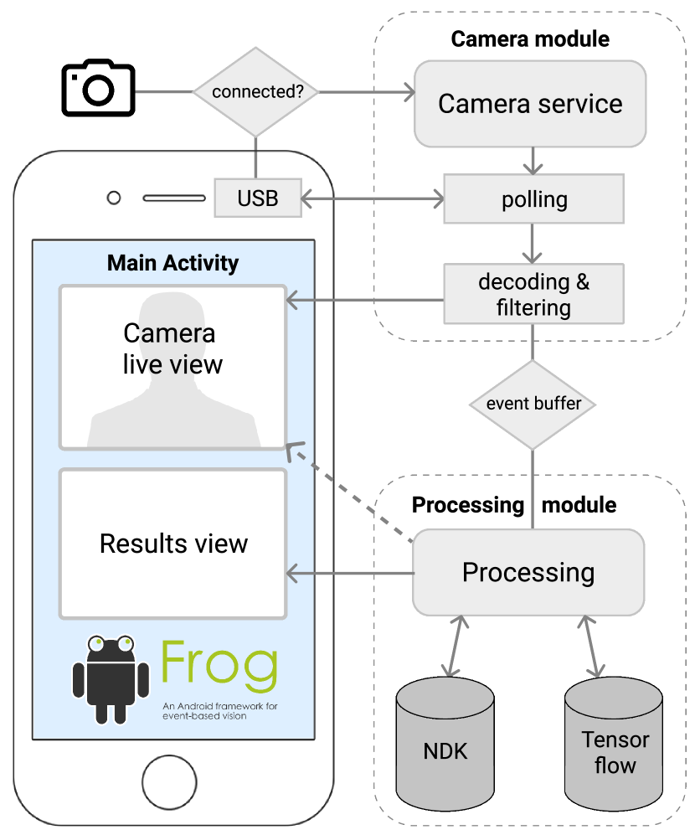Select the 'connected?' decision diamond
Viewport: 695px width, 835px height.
point(256,91)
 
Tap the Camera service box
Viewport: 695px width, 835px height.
point(530,104)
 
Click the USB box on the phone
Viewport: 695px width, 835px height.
point(257,199)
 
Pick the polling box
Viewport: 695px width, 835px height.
point(534,199)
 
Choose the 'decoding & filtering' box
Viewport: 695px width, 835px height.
point(534,294)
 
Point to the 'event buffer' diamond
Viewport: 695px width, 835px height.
point(533,404)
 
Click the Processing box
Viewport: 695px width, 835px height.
point(528,573)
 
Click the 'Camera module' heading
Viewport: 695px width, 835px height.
point(530,39)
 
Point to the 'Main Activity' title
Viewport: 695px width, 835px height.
point(172,263)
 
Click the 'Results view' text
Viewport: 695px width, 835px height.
point(173,544)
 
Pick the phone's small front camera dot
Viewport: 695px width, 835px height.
point(114,198)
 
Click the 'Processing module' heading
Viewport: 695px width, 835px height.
point(514,505)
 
